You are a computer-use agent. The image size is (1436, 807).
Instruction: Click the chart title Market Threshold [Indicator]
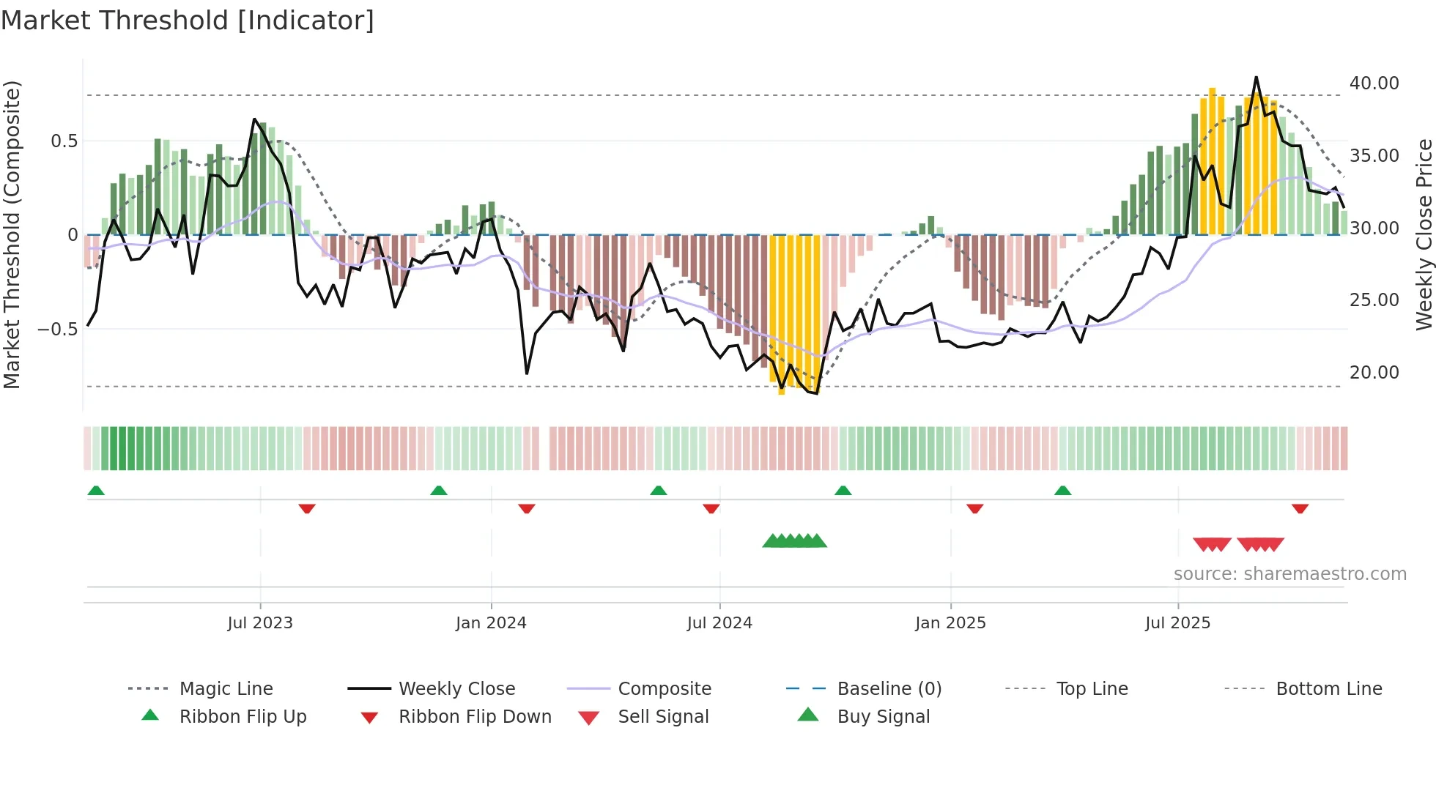[188, 21]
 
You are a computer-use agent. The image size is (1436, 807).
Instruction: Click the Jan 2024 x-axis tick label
[491, 622]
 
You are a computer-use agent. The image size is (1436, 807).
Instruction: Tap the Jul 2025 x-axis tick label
[1177, 622]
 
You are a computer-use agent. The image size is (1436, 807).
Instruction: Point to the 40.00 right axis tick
[1374, 83]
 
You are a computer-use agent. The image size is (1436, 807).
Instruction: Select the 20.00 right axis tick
[1374, 373]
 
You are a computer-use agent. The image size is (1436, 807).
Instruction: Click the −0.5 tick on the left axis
[58, 330]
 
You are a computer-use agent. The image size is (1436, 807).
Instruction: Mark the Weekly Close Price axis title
[1424, 234]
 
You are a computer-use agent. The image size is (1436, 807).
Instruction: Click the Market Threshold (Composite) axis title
[12, 234]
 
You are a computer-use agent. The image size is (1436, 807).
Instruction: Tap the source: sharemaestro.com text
[1289, 574]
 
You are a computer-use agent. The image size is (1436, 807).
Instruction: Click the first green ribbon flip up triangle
[96, 491]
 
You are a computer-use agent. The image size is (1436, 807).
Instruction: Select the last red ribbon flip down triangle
[1300, 508]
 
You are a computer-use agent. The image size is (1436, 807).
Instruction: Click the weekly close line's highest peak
[1256, 77]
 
